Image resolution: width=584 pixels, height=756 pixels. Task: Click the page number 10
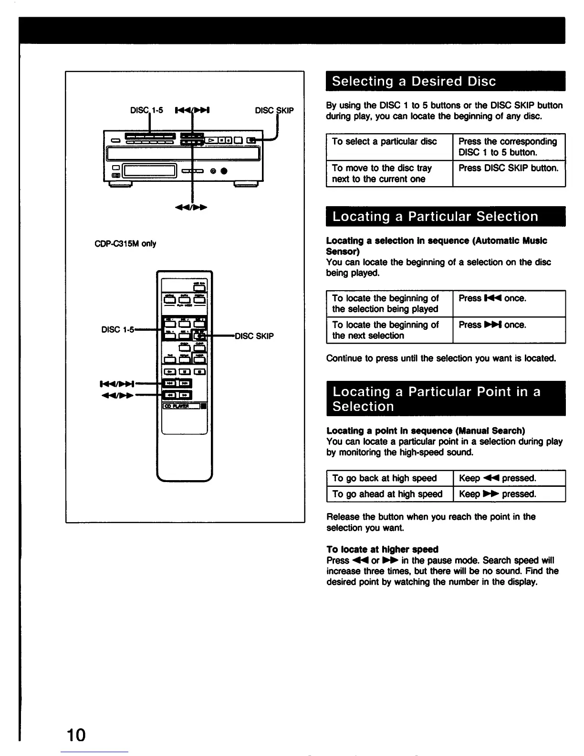tap(76, 735)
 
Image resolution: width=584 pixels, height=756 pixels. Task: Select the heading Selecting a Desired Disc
tap(414, 81)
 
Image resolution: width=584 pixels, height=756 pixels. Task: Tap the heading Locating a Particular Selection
tap(435, 217)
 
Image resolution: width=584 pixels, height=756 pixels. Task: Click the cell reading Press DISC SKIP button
tap(508, 168)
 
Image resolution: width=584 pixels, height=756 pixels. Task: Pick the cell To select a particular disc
tap(385, 142)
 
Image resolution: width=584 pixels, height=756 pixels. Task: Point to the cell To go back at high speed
tap(385, 478)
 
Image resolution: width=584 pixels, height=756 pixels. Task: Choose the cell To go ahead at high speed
tap(387, 494)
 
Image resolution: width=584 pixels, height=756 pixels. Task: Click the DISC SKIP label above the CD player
tap(274, 111)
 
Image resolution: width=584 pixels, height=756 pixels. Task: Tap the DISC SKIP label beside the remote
tap(254, 336)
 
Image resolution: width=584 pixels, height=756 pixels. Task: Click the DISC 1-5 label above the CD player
tap(146, 111)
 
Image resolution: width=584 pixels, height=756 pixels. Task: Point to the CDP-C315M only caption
tap(125, 243)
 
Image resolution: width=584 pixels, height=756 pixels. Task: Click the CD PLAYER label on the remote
tap(177, 406)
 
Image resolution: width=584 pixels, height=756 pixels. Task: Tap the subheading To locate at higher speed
tap(382, 549)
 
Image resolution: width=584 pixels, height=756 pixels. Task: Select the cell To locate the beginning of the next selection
tap(386, 330)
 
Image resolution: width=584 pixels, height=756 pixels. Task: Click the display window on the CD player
tap(150, 170)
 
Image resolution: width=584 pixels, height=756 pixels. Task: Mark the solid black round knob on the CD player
tap(223, 171)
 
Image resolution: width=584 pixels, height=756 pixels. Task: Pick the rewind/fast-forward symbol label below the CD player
tap(192, 208)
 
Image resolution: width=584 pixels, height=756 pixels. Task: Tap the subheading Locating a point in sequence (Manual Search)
tap(426, 430)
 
